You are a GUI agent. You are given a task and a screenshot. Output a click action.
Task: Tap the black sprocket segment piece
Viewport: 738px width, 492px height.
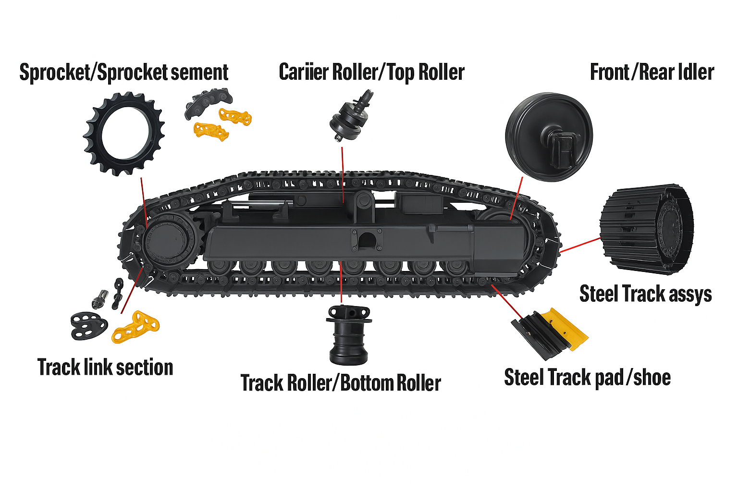[208, 102]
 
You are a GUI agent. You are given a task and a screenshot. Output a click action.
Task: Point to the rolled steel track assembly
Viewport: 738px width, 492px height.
[647, 228]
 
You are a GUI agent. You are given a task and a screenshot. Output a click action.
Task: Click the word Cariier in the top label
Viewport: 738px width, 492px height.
[304, 72]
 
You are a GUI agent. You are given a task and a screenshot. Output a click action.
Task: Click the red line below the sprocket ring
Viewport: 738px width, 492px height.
[144, 202]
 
